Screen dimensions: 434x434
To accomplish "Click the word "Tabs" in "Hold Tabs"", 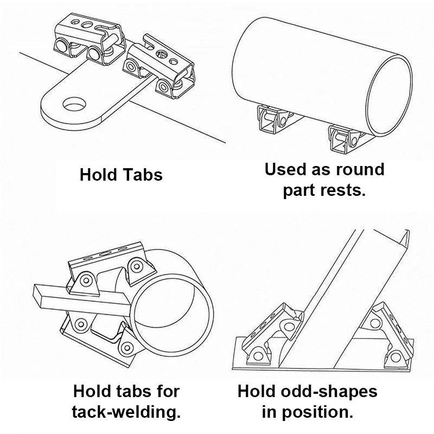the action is [143, 175].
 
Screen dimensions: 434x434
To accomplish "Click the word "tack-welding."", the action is [126, 412].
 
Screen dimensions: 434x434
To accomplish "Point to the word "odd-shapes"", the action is [329, 391].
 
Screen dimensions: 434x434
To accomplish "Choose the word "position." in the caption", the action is [317, 412].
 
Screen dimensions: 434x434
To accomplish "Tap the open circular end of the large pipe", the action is [388, 95].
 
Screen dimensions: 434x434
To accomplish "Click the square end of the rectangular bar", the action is [37, 296].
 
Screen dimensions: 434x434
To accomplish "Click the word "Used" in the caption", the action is [286, 169].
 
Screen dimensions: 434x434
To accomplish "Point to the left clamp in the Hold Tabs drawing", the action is [89, 39].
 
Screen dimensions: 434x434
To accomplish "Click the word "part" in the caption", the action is [299, 191].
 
